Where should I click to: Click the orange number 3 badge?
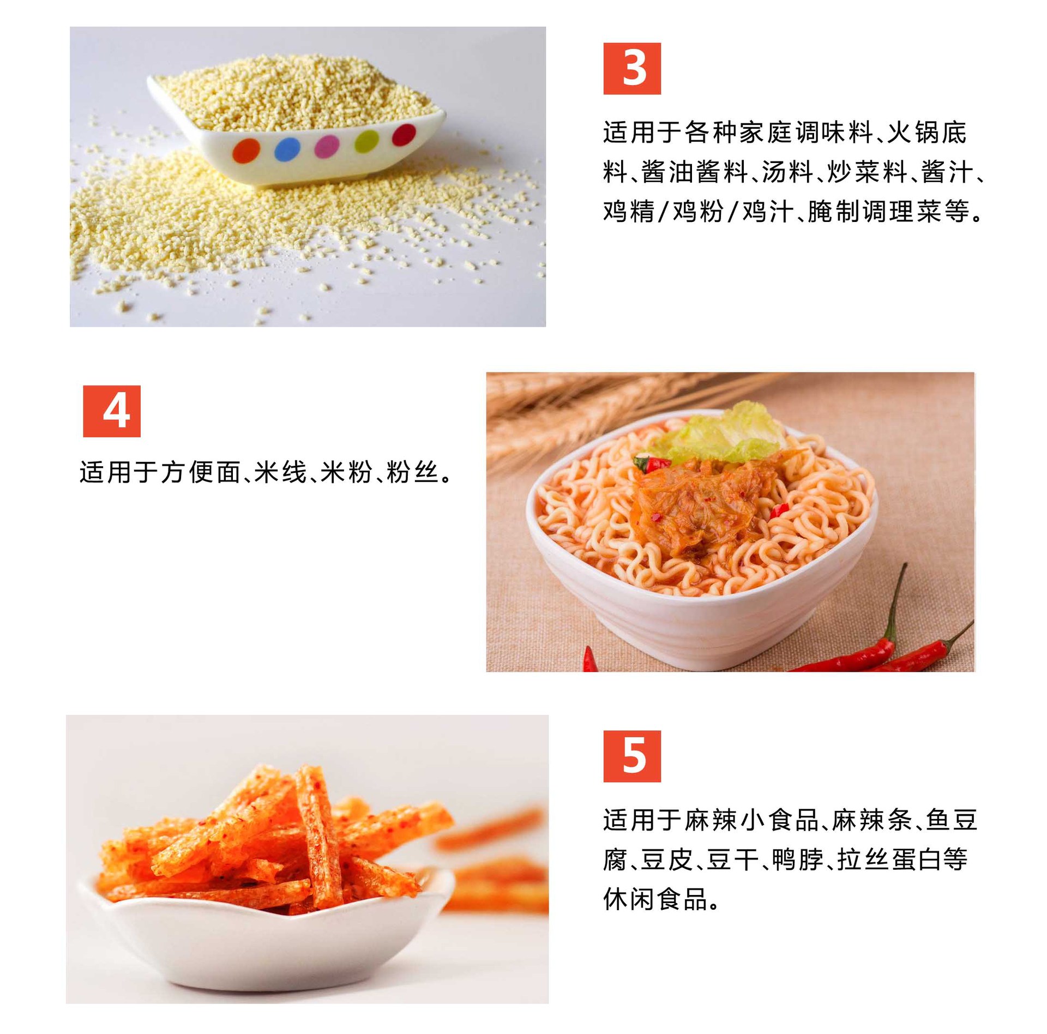tap(632, 69)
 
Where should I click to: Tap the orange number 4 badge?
tap(112, 411)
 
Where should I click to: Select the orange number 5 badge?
tap(632, 756)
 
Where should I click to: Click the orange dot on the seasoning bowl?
tap(245, 150)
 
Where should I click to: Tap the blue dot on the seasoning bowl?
tap(287, 148)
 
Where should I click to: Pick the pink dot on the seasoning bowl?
tap(327, 146)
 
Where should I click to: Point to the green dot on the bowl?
tap(366, 141)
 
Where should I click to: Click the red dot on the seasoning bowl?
tap(404, 135)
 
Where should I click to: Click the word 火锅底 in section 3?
tap(926, 133)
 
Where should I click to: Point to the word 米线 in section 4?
tap(281, 472)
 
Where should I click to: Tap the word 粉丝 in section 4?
tap(413, 472)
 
